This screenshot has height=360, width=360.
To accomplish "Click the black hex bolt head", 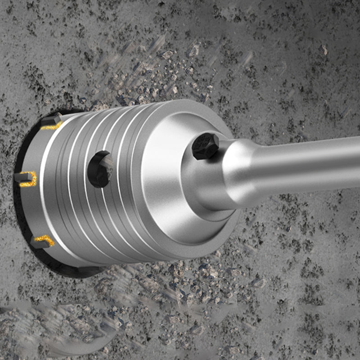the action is coord(205,146).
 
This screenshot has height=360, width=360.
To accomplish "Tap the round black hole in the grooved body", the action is coord(99,169).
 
